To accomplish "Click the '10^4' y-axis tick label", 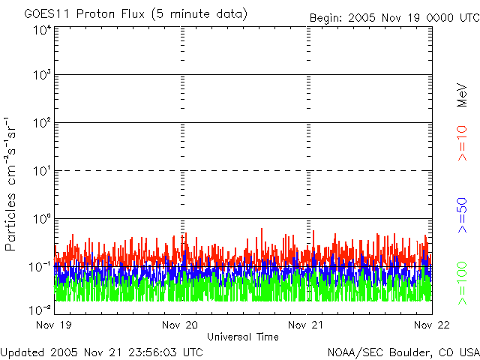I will [42, 31].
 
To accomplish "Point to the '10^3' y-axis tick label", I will [42, 75].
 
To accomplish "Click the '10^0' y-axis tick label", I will [42, 218].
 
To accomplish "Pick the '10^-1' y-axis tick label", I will [40, 266].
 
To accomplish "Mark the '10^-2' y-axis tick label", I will [40, 309].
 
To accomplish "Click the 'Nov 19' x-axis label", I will [55, 325].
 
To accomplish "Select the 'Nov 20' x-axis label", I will [181, 325].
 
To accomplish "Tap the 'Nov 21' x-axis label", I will [307, 325].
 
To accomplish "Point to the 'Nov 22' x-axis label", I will [432, 325].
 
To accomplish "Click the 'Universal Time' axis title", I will [243, 337].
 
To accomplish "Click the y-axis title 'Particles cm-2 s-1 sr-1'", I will [11, 184].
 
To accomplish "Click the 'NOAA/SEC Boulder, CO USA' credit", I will [403, 352].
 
